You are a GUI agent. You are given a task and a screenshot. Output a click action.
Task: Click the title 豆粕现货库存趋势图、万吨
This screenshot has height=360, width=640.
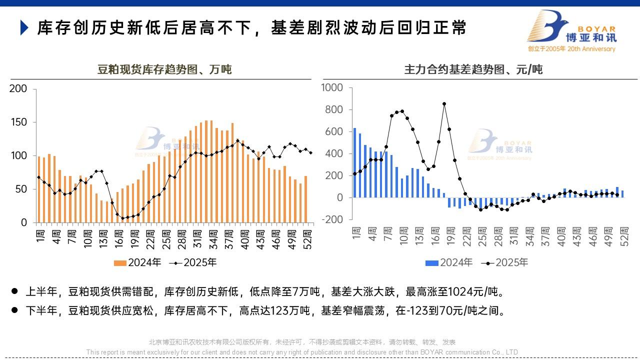pyautogui.click(x=164, y=69)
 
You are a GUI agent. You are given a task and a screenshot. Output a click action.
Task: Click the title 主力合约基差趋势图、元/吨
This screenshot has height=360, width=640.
pyautogui.click(x=473, y=69)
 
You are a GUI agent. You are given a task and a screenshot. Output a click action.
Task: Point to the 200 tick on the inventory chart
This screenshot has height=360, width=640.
pyautogui.click(x=18, y=89)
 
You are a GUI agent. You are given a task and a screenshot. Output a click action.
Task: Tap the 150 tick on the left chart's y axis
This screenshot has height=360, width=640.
pyautogui.click(x=18, y=122)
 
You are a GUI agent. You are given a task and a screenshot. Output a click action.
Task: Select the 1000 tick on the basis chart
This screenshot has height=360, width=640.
pyautogui.click(x=332, y=88)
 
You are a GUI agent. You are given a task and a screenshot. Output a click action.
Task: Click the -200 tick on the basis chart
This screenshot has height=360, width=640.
pyautogui.click(x=332, y=219)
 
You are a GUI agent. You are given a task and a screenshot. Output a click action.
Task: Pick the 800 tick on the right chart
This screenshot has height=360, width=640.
pyautogui.click(x=334, y=110)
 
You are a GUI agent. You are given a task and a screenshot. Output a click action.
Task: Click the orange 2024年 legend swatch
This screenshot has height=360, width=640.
pyautogui.click(x=120, y=263)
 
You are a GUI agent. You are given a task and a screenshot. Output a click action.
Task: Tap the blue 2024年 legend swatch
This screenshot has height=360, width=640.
pyautogui.click(x=431, y=263)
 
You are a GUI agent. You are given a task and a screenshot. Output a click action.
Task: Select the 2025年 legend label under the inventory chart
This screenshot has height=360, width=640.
pyautogui.click(x=200, y=263)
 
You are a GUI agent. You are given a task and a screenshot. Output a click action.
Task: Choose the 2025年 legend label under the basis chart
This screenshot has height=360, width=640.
pyautogui.click(x=511, y=263)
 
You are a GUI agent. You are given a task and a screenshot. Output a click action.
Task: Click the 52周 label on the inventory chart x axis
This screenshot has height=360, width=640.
pyautogui.click(x=308, y=239)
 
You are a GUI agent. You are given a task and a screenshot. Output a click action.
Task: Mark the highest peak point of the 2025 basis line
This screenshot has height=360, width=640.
pyautogui.click(x=444, y=104)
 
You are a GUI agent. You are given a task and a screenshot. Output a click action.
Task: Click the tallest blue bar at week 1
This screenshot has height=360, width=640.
pyautogui.click(x=354, y=162)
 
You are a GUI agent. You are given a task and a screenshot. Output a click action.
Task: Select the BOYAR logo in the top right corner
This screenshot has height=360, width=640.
pyautogui.click(x=572, y=31)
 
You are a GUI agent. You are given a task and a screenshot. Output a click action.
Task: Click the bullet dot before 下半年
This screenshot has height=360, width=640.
pyautogui.click(x=14, y=310)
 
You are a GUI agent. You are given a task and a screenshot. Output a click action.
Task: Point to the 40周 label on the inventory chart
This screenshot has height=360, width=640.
pyautogui.click(x=245, y=239)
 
